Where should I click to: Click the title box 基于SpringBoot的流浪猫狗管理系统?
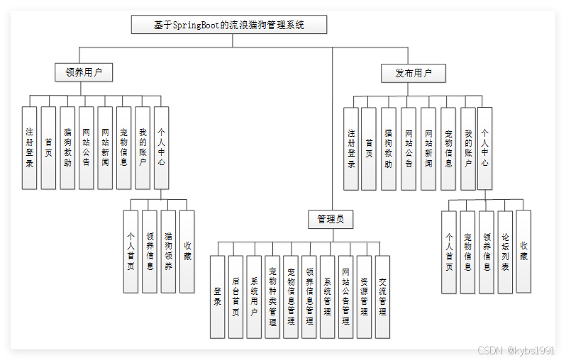pos(229,25)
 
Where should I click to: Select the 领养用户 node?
pos(84,72)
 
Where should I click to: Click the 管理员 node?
pos(331,219)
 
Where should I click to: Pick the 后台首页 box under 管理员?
pos(235,296)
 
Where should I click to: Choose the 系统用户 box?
pos(254,296)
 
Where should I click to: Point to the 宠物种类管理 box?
pos(272,296)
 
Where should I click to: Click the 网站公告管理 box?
pos(345,296)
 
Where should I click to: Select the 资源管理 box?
pos(364,296)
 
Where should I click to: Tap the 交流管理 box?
pos(382,296)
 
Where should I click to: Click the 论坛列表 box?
pos(505,252)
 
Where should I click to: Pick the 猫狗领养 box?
pos(168,252)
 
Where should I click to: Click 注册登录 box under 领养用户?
pos(29,147)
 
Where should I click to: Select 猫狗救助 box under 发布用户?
pos(388,148)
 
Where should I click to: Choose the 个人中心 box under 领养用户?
pos(162,147)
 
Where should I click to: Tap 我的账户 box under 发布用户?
pos(467,148)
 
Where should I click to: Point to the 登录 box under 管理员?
pos(217,296)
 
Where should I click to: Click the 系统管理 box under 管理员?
pos(327,296)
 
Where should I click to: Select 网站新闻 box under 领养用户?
pos(105,147)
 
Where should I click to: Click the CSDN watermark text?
pos(516,350)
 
